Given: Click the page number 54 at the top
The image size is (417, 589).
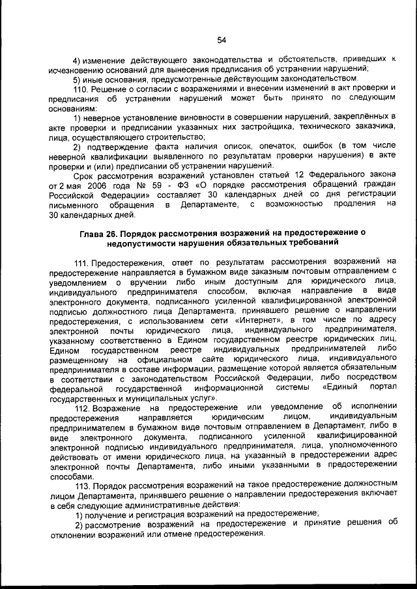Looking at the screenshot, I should (222, 40).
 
